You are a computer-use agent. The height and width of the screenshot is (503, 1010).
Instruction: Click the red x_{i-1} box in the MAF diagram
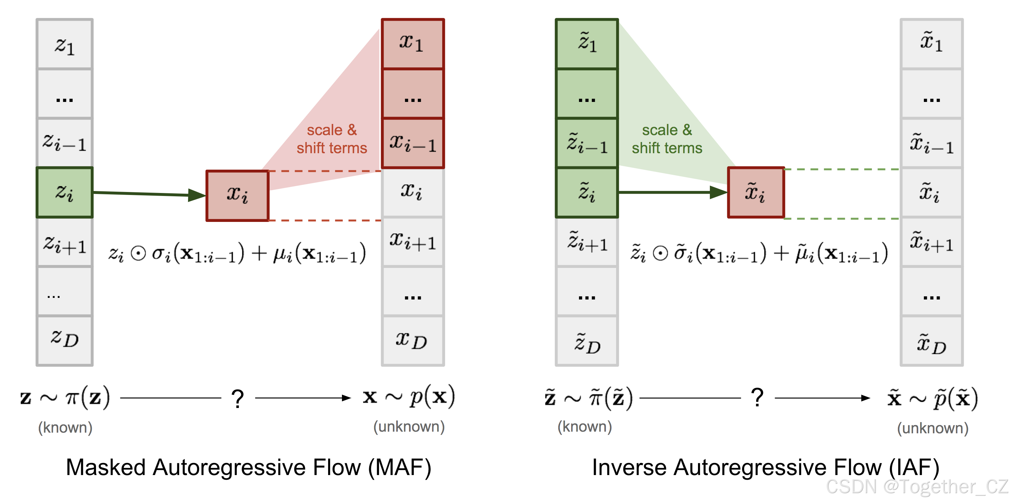[413, 143]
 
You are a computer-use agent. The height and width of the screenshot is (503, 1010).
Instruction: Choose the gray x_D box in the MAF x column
[413, 340]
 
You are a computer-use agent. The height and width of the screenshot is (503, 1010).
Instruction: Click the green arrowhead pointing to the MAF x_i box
[196, 195]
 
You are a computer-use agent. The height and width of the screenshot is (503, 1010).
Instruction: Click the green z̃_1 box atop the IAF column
[587, 43]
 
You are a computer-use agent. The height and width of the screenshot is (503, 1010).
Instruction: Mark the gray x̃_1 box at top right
[931, 43]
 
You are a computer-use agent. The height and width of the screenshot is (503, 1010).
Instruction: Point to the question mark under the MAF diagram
[238, 399]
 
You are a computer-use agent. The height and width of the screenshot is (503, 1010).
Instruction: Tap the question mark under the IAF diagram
[757, 398]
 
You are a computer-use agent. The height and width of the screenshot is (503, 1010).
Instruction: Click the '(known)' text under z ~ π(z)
[65, 427]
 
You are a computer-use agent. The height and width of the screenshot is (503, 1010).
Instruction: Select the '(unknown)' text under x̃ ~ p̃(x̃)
[932, 428]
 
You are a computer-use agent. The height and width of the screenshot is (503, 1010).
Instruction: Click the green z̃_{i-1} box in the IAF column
[587, 143]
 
